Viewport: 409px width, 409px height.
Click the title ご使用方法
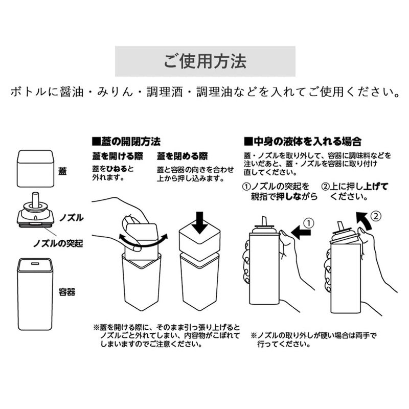[x=205, y=62]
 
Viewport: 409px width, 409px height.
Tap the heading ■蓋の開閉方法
[x=126, y=141]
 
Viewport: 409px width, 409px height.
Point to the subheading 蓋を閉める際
[x=182, y=156]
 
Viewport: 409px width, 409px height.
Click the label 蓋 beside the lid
[x=62, y=171]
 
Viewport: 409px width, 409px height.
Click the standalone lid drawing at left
[x=35, y=168]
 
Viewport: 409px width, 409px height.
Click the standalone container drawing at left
[x=35, y=293]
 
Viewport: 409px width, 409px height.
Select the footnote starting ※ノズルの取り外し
[x=313, y=340]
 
